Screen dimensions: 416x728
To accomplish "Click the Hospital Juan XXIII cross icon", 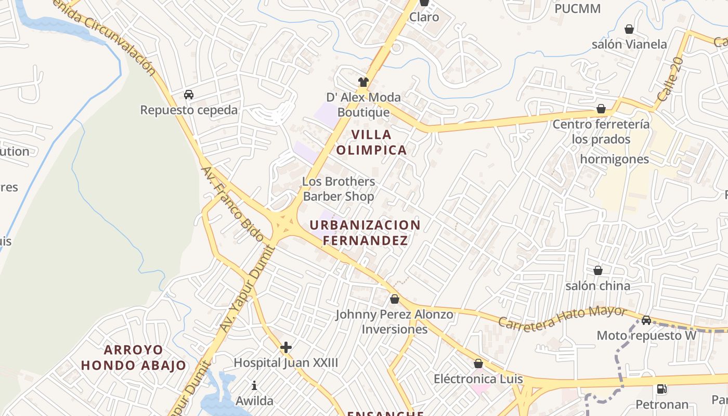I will pyautogui.click(x=285, y=347).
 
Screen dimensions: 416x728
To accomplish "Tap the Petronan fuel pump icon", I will pyautogui.click(x=661, y=388).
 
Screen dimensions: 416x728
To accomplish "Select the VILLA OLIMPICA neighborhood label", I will pyautogui.click(x=371, y=142).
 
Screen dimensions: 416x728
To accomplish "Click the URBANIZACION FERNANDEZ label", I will pyautogui.click(x=365, y=232).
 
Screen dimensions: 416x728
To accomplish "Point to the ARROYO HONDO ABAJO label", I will pyautogui.click(x=133, y=357).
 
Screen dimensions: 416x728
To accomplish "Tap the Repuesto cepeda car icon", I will pyautogui.click(x=189, y=95).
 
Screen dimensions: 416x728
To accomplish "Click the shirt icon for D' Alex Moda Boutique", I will pyautogui.click(x=363, y=82).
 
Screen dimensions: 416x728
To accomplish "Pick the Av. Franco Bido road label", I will pyautogui.click(x=232, y=203).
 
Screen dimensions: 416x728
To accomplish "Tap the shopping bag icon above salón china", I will pyautogui.click(x=598, y=270).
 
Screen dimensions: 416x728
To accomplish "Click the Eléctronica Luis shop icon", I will pyautogui.click(x=478, y=363).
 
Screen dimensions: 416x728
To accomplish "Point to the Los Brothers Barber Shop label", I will pyautogui.click(x=339, y=189).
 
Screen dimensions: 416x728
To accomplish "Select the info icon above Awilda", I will pyautogui.click(x=254, y=385).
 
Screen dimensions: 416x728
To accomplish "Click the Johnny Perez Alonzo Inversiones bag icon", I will pyautogui.click(x=395, y=299).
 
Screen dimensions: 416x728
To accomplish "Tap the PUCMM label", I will pyautogui.click(x=577, y=9).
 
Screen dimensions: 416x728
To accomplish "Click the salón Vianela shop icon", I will pyautogui.click(x=629, y=29).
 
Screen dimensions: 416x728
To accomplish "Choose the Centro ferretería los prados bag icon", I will pyautogui.click(x=601, y=109).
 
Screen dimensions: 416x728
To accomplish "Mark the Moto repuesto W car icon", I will pyautogui.click(x=646, y=320).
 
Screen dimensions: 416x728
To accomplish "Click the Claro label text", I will pyautogui.click(x=424, y=17).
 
